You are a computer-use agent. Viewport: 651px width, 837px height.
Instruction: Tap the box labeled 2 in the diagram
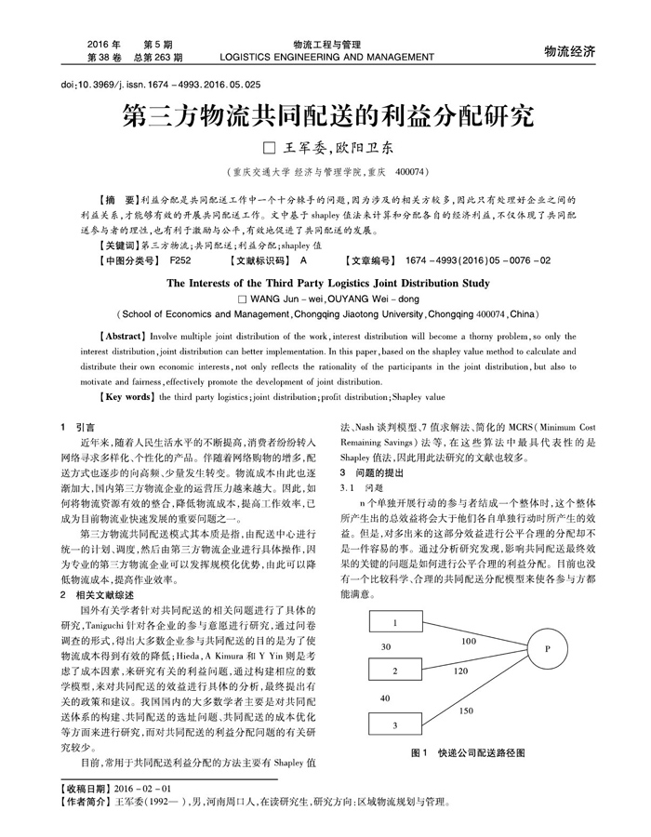click(x=394, y=671)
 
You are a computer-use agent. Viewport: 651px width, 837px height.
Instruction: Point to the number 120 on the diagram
click(x=460, y=670)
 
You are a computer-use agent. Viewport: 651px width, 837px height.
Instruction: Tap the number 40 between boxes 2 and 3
click(x=386, y=697)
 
